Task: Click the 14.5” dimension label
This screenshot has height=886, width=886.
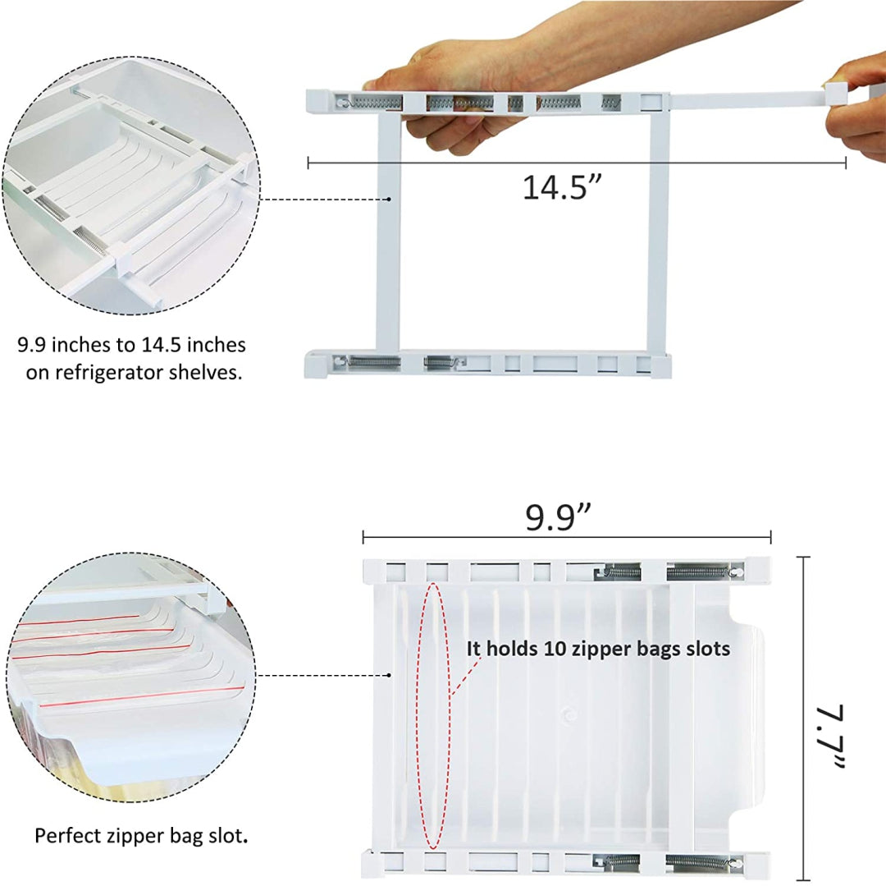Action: tap(562, 187)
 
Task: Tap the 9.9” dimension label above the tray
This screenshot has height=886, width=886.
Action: tap(559, 516)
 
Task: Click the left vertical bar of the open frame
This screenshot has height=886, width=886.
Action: tap(388, 231)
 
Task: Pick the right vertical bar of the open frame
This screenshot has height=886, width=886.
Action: tap(659, 231)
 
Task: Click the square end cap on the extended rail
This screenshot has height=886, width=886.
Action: tap(836, 93)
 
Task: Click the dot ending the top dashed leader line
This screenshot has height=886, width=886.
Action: tap(390, 199)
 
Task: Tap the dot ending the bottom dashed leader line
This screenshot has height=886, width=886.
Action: tap(390, 675)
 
